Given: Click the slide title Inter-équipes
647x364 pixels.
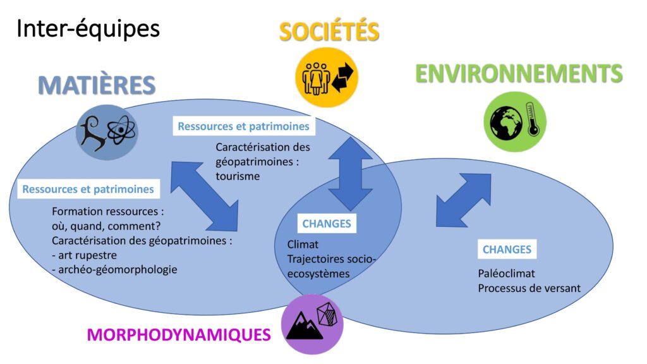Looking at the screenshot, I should click(88, 29).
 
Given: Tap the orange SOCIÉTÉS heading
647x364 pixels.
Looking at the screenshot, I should click(329, 31).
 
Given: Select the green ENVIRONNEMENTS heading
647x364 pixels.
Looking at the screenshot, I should click(519, 74).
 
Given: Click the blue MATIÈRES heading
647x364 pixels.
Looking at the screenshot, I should click(97, 85).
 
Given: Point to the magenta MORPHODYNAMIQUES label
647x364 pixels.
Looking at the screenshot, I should click(179, 334).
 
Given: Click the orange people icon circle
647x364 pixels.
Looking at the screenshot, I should click(327, 76).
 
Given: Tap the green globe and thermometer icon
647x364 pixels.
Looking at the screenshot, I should click(514, 121).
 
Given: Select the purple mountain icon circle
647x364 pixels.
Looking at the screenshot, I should click(311, 324).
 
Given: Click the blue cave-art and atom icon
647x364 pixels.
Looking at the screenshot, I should click(106, 131).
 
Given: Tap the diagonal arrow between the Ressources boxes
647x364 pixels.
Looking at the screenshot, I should click(204, 196).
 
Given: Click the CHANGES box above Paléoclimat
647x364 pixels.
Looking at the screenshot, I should click(506, 249).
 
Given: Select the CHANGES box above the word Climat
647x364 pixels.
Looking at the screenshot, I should click(326, 223).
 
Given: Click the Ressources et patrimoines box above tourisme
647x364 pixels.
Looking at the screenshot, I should click(243, 126).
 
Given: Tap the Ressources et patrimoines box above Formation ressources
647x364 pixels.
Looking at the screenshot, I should click(88, 189).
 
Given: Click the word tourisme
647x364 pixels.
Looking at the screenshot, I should click(238, 176).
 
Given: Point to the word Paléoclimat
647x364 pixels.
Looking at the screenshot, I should click(507, 275).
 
